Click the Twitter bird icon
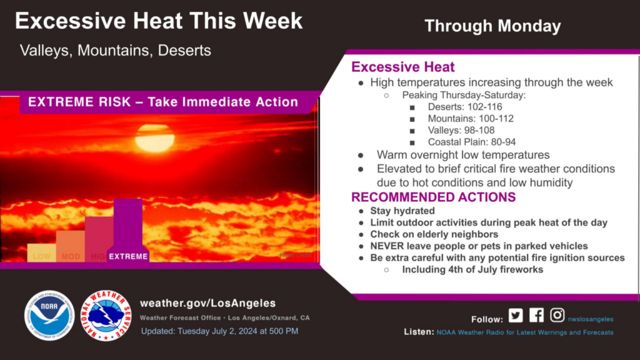(515, 316)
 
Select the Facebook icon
(536, 316)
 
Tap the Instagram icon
(557, 316)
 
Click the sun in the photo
(154, 137)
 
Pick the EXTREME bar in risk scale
(127, 231)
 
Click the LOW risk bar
(42, 252)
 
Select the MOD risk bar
(70, 246)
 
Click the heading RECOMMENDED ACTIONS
(433, 197)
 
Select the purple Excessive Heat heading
(403, 67)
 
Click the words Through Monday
(492, 26)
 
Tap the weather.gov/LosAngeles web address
(207, 303)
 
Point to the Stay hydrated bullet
(402, 211)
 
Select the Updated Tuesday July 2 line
(219, 331)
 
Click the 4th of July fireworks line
(472, 270)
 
